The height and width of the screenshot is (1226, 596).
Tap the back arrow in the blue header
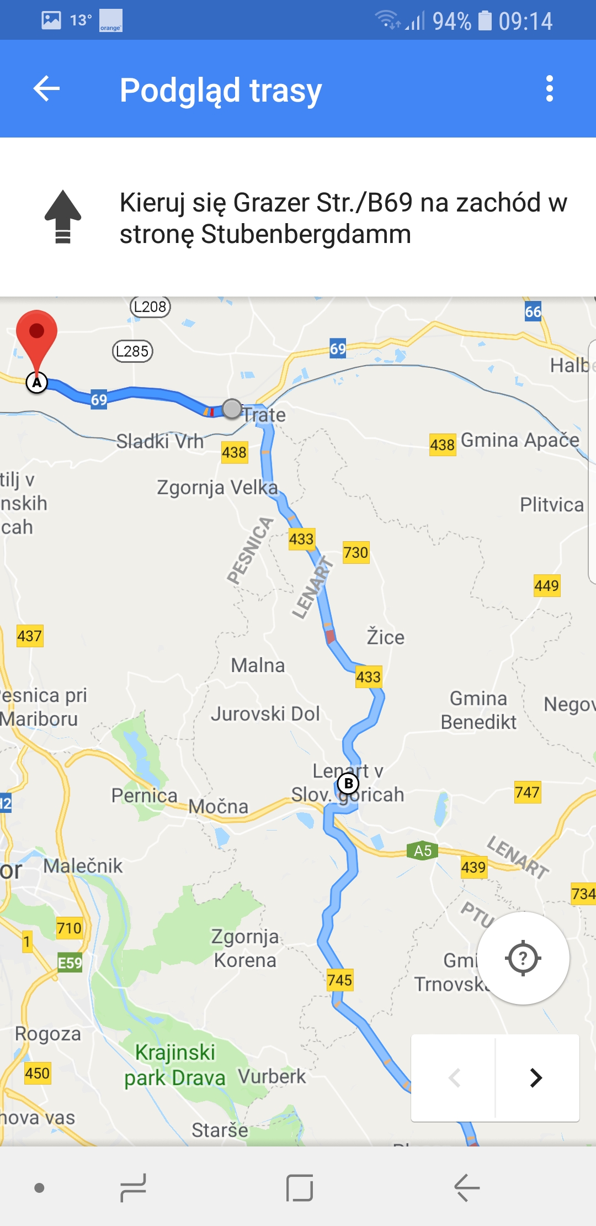pos(47,89)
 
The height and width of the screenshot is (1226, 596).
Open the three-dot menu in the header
pos(549,89)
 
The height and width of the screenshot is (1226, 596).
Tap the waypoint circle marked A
pos(37,382)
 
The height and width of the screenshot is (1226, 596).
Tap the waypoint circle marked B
pos(348,783)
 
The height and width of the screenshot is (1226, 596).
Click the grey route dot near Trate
pos(232,409)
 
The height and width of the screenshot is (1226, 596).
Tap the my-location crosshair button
pos(523,958)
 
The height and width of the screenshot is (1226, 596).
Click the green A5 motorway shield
pos(423,850)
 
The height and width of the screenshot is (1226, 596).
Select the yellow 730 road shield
pos(355,552)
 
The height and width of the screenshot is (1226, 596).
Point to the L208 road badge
pos(150,306)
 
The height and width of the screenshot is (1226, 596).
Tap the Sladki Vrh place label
pos(159,441)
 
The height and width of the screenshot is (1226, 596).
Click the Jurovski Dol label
pos(265,714)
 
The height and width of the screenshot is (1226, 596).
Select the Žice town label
pos(386,637)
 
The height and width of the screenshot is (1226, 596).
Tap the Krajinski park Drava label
pos(175,1065)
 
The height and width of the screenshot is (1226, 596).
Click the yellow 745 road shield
pos(339,980)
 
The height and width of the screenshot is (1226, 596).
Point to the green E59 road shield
pos(70,963)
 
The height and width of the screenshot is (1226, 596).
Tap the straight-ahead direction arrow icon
pos(63,216)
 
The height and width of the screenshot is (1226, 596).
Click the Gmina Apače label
pos(520,440)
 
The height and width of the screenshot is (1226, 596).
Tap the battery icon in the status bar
pos(485,21)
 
